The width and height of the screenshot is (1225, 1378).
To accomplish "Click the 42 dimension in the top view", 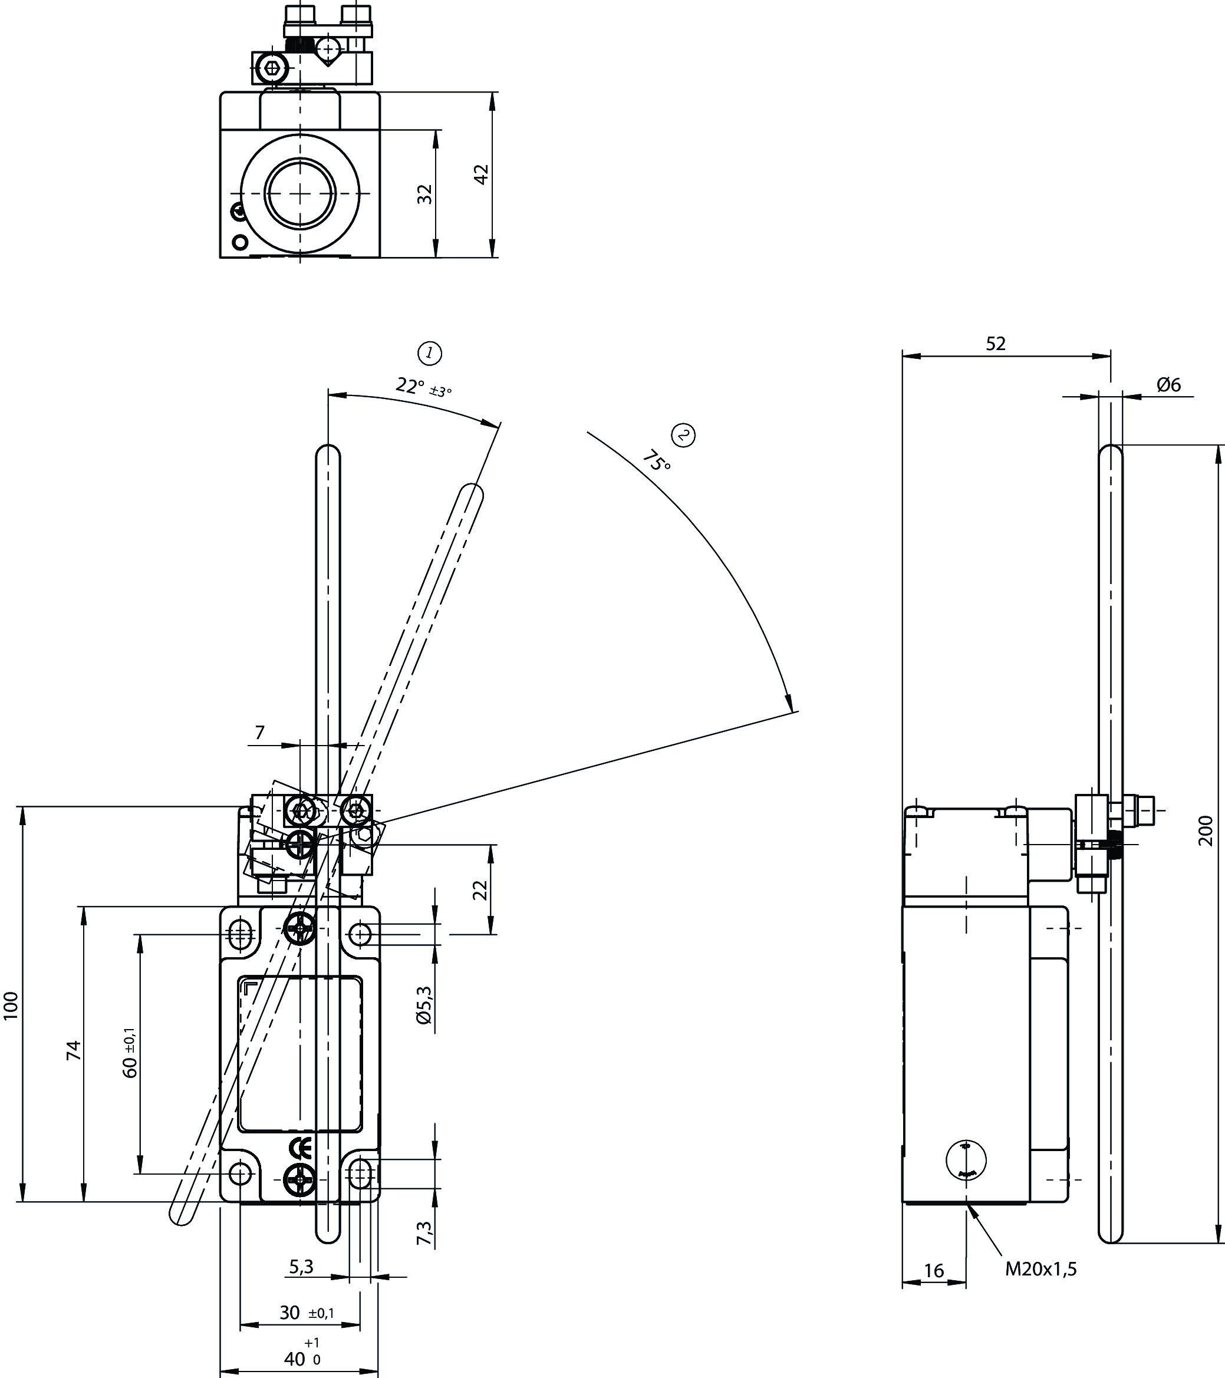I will click(x=480, y=174).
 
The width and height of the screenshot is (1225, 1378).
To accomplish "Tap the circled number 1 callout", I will click(x=430, y=353).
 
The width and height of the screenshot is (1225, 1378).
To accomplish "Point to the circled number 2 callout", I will click(x=684, y=435).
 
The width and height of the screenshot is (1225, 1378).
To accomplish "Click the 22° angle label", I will click(x=409, y=385).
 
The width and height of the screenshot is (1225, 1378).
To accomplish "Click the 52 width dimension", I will click(x=995, y=344).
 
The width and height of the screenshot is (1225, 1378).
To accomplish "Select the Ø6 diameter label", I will click(x=1168, y=384).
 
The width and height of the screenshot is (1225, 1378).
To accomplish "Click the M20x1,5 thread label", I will click(x=1041, y=1270).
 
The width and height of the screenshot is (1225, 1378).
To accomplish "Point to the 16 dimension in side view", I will click(x=933, y=1271).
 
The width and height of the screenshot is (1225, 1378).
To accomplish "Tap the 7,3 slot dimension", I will click(x=424, y=1232).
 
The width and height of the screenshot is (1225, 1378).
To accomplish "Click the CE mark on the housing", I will click(x=299, y=1148).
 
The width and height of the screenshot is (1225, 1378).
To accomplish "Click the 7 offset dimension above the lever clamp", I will click(x=260, y=732).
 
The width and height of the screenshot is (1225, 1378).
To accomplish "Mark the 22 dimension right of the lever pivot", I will click(x=480, y=890).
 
